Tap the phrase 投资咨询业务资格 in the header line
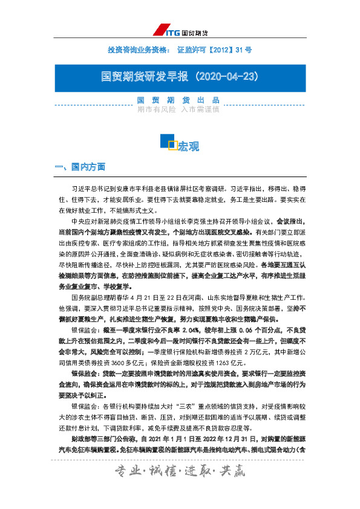[x=137, y=49]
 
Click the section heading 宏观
[x=188, y=146]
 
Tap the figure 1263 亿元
[x=223, y=348]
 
